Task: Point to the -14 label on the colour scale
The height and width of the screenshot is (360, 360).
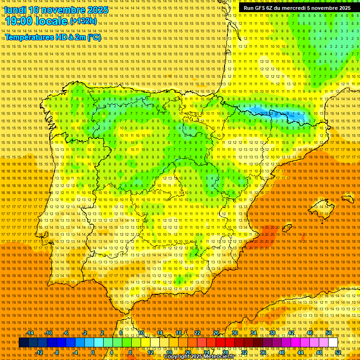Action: (x=30, y=333)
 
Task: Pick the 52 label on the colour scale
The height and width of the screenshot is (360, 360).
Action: (x=337, y=352)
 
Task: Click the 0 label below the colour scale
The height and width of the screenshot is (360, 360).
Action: (x=93, y=352)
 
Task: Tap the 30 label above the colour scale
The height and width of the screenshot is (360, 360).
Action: (x=234, y=333)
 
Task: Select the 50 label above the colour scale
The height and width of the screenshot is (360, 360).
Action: (x=329, y=333)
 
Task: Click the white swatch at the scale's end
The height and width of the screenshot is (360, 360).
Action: (x=333, y=343)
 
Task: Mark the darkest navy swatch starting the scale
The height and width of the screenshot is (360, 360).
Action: (x=23, y=343)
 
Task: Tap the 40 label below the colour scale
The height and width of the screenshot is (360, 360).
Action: (x=281, y=352)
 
